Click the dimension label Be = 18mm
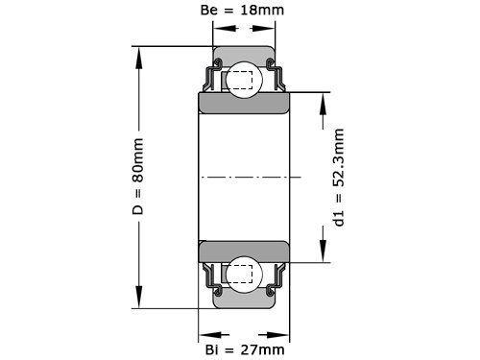click(242, 11)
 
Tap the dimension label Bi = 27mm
click(245, 349)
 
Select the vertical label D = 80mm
click(138, 177)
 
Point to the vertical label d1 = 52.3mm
click(339, 178)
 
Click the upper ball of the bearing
click(244, 80)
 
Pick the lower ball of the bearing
click(244, 275)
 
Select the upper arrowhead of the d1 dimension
click(324, 104)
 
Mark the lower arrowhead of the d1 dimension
click(324, 251)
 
